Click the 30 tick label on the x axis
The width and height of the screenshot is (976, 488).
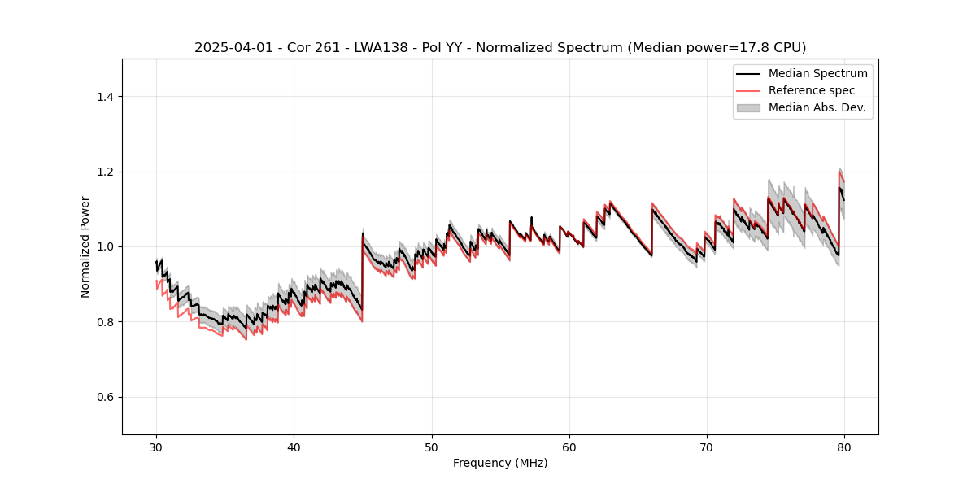[156, 447]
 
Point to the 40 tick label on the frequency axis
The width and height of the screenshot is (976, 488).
[294, 447]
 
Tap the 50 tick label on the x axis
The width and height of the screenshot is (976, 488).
[432, 447]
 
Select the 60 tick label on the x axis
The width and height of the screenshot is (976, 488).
[569, 447]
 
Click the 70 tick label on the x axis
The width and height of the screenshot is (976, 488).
[707, 447]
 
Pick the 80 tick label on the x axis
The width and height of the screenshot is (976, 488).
[844, 447]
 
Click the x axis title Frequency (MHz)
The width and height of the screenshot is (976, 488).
[500, 463]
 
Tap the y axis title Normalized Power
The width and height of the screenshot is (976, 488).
[85, 246]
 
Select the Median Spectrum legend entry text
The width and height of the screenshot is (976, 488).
[817, 73]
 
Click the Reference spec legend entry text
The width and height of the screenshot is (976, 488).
[812, 90]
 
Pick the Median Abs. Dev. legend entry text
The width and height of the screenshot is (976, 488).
[817, 107]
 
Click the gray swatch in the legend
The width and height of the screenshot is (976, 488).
[748, 107]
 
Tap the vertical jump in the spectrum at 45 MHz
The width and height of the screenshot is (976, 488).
[363, 272]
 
